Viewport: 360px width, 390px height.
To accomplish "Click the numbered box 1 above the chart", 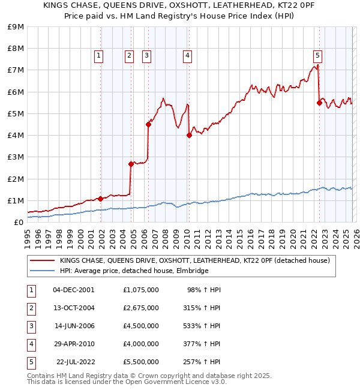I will pyautogui.click(x=99, y=56).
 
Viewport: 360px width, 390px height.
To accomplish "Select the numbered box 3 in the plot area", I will pyautogui.click(x=146, y=56).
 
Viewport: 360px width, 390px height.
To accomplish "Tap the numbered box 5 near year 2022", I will pyautogui.click(x=317, y=56).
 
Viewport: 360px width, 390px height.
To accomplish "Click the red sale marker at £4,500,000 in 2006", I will pyautogui.click(x=148, y=124).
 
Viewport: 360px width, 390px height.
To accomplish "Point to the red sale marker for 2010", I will pyautogui.click(x=189, y=135).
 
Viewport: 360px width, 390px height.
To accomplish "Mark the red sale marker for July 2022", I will pyautogui.click(x=319, y=103).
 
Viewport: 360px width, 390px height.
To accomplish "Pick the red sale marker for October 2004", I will pyautogui.click(x=131, y=164).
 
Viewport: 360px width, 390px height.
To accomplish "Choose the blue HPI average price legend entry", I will pyautogui.click(x=134, y=271).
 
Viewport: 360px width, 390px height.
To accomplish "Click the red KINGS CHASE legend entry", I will pyautogui.click(x=194, y=260).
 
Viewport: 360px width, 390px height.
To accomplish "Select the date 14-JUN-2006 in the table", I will pyautogui.click(x=74, y=326).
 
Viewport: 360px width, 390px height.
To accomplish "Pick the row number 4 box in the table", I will pyautogui.click(x=31, y=344).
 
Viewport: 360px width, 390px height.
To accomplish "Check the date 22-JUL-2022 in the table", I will pyautogui.click(x=76, y=362).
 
